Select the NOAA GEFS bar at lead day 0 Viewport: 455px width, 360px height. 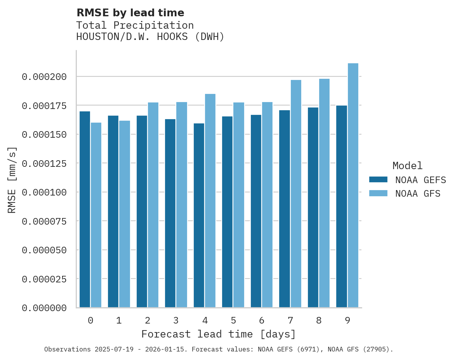[85, 209]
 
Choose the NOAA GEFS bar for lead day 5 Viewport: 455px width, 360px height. [227, 212]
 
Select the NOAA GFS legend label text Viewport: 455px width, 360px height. [418, 194]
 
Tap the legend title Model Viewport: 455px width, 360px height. [407, 166]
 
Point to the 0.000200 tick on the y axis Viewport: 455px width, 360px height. [44, 77]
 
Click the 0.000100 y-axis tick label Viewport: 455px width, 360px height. [44, 192]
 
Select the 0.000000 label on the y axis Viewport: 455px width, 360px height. [44, 308]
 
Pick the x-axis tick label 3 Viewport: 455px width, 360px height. [176, 320]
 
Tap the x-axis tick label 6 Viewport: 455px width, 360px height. [262, 320]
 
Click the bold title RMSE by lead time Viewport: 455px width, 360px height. [130, 13]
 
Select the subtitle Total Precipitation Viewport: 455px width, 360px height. [135, 25]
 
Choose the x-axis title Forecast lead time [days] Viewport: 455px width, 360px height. [219, 334]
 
